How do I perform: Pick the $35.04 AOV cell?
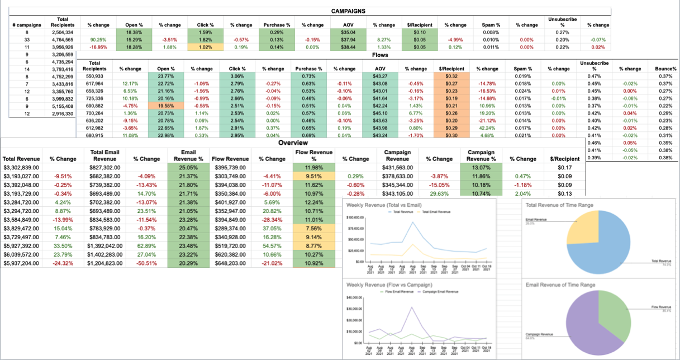348,32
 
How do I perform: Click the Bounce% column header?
665,68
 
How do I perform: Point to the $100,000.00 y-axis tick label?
356,217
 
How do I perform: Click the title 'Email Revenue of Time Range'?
560,285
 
